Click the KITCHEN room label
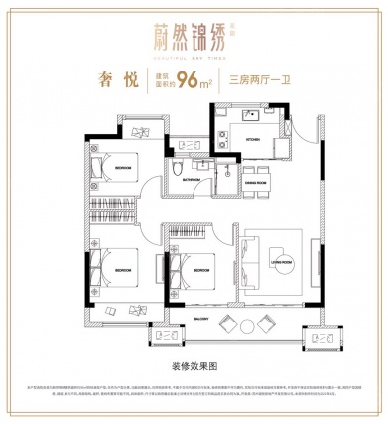point(252,141)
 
